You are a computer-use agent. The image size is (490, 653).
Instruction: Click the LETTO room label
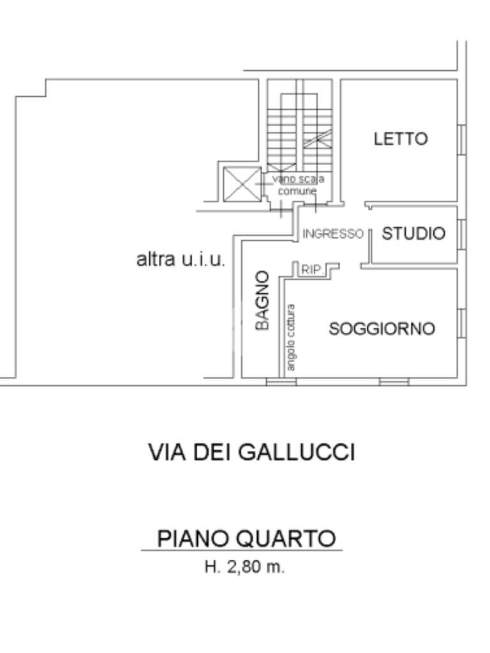click(401, 139)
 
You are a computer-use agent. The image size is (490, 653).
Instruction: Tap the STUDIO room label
click(413, 234)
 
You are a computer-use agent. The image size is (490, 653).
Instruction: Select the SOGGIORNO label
click(382, 329)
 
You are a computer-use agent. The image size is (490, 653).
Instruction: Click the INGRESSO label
click(332, 234)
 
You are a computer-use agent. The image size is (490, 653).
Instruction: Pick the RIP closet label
click(311, 270)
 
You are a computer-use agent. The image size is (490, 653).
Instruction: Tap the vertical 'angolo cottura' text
click(292, 338)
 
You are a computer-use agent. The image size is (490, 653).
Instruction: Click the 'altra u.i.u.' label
click(181, 260)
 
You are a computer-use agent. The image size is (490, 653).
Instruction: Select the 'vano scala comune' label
click(297, 184)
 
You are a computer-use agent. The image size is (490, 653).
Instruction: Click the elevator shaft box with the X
click(241, 185)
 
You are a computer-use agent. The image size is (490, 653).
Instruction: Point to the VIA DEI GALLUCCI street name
click(251, 453)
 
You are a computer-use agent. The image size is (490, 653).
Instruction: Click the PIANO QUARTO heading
click(246, 539)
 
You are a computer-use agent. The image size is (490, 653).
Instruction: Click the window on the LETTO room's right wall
click(463, 139)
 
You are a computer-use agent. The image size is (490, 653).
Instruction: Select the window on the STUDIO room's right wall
click(463, 233)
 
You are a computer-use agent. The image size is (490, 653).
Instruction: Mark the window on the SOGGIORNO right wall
click(463, 323)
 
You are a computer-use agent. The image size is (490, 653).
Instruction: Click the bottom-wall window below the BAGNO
click(281, 382)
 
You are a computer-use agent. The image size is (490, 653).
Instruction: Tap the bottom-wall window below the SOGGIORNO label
click(394, 382)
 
